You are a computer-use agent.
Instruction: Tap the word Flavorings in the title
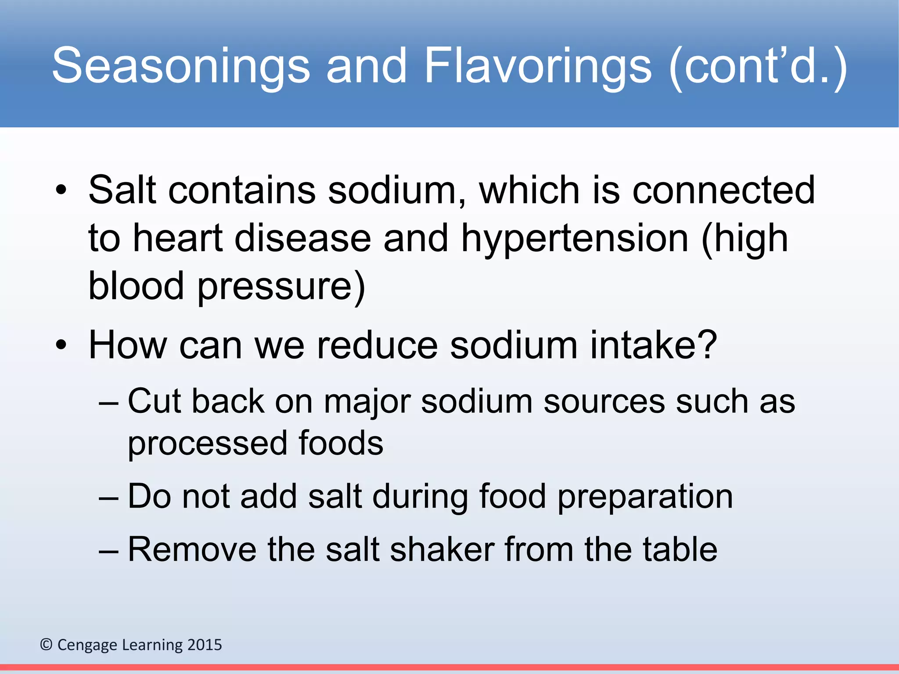tap(538, 66)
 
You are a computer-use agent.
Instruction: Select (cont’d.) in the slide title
tap(758, 66)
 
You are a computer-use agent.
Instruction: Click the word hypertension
tap(575, 239)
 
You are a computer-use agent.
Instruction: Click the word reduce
tap(377, 345)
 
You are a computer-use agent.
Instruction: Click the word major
tap(367, 402)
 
